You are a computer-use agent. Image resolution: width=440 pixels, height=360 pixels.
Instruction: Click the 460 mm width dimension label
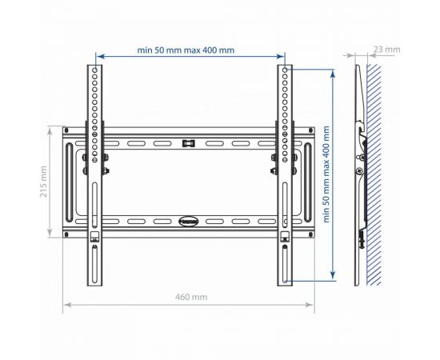[191, 297]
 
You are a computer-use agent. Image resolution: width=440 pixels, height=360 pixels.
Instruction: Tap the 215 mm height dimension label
[43, 182]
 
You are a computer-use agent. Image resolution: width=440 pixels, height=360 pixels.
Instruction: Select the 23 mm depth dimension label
[386, 50]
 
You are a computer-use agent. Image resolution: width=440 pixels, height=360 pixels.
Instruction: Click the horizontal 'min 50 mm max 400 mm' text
[186, 50]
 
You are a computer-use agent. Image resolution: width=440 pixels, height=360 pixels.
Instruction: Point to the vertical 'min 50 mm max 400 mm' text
[326, 174]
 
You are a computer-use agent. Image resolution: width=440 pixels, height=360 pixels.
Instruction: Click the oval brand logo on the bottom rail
[188, 221]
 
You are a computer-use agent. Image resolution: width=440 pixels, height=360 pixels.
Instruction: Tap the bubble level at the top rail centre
[189, 143]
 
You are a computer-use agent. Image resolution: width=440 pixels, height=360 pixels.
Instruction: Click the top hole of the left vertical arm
[95, 70]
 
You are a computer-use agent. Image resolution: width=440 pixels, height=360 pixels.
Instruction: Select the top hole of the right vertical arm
[285, 70]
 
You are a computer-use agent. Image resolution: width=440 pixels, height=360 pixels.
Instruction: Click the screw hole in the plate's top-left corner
[66, 130]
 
